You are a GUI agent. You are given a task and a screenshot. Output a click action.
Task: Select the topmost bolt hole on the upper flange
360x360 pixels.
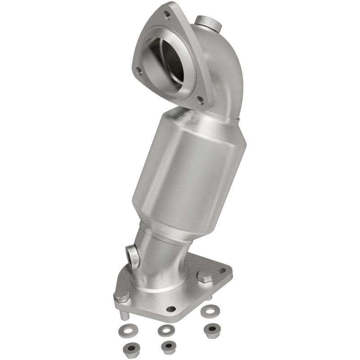167,15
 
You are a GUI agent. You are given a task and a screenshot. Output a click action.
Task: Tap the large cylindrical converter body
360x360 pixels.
189,166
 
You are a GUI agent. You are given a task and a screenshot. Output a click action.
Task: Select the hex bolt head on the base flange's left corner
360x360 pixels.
121,297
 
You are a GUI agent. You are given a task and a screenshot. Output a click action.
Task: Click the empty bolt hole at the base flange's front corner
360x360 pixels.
171,309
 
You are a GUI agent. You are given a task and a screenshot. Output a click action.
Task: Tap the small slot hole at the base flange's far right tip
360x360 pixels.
222,271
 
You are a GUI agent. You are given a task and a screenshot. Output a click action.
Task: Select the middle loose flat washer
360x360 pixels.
166,330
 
